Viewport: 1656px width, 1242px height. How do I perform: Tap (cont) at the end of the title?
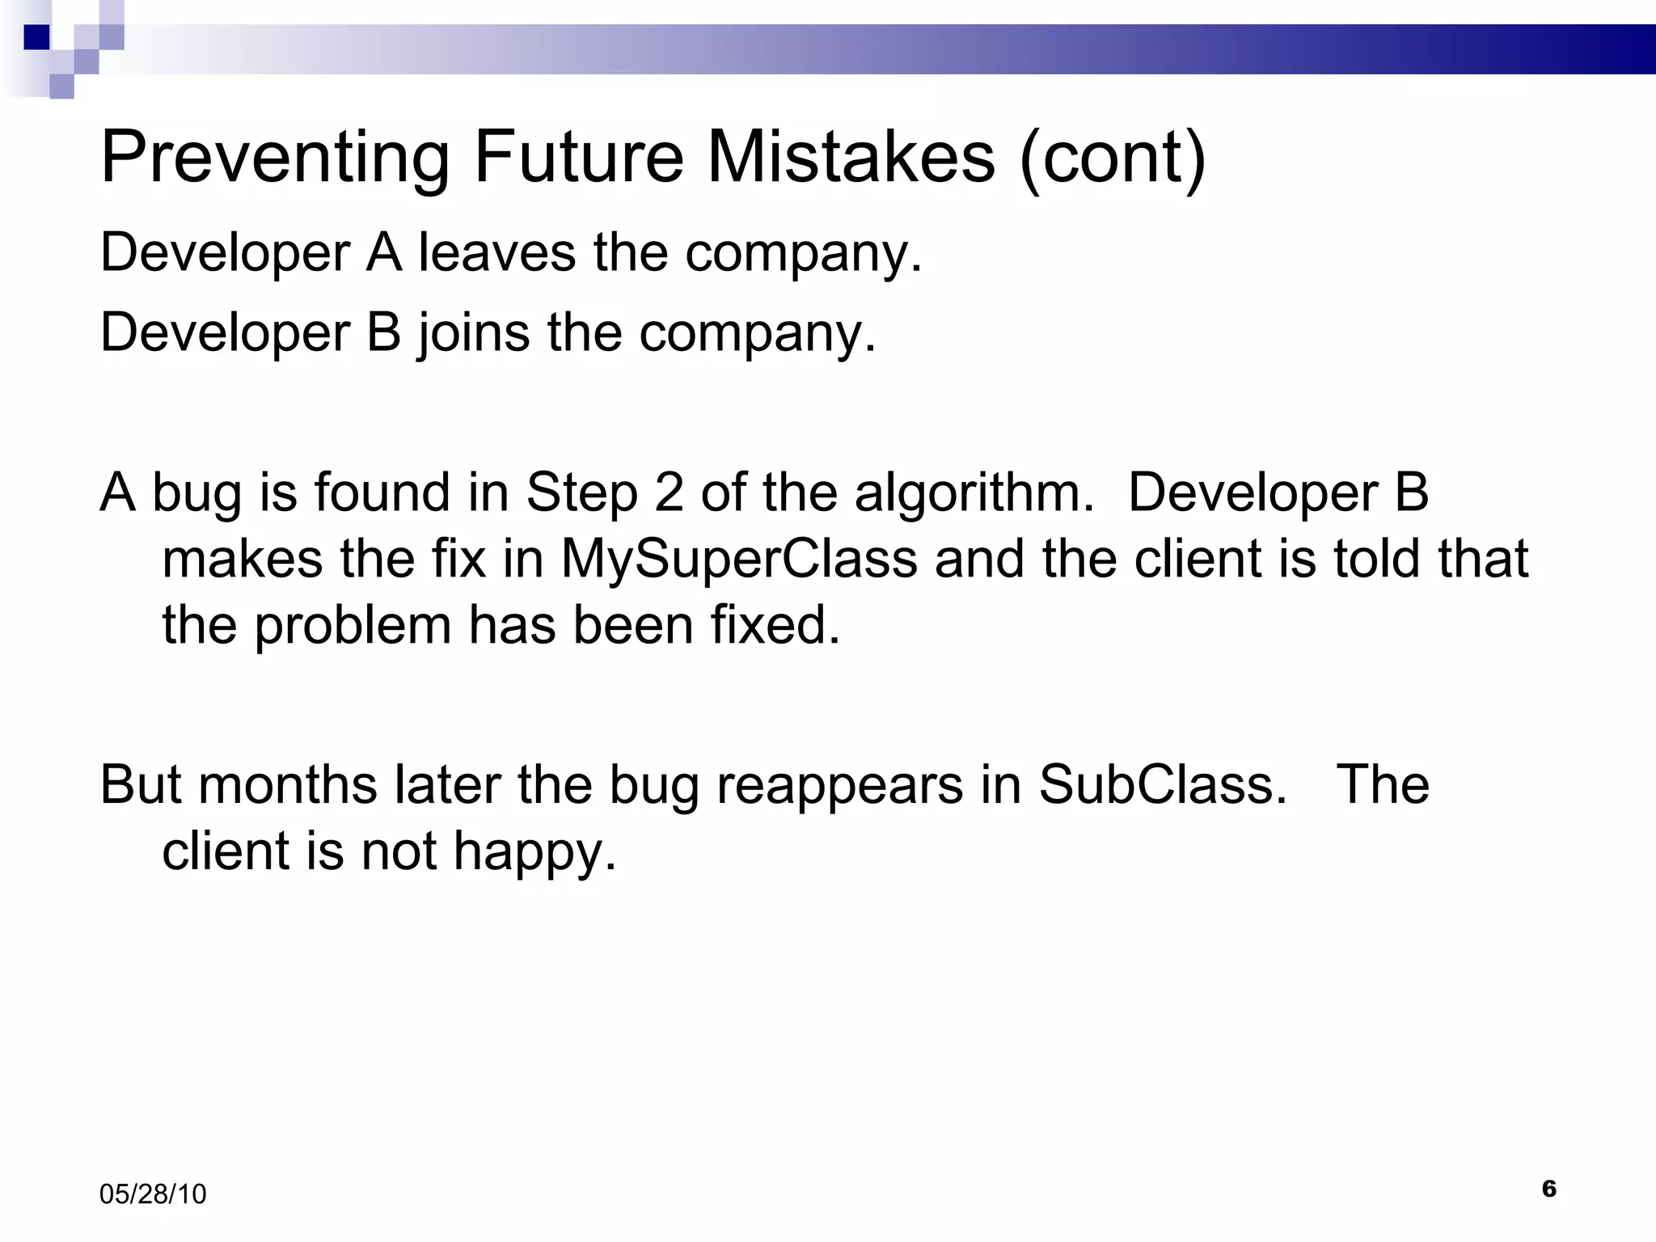pyautogui.click(x=1113, y=158)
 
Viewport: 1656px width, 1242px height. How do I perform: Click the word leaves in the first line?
pyautogui.click(x=497, y=252)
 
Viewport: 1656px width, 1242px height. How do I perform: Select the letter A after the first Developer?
pyautogui.click(x=384, y=252)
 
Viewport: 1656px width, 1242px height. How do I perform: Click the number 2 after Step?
pyautogui.click(x=669, y=492)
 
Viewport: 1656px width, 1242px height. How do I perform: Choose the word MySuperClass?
pyautogui.click(x=739, y=559)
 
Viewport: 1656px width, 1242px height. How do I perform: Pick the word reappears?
pyautogui.click(x=839, y=786)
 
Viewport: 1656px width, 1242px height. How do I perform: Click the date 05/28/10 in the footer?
pyautogui.click(x=153, y=1194)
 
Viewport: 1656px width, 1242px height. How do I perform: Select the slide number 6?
pyautogui.click(x=1548, y=1189)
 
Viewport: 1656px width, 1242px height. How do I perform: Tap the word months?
pyautogui.click(x=287, y=784)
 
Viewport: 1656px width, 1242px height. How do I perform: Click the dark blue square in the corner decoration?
pyautogui.click(x=36, y=37)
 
